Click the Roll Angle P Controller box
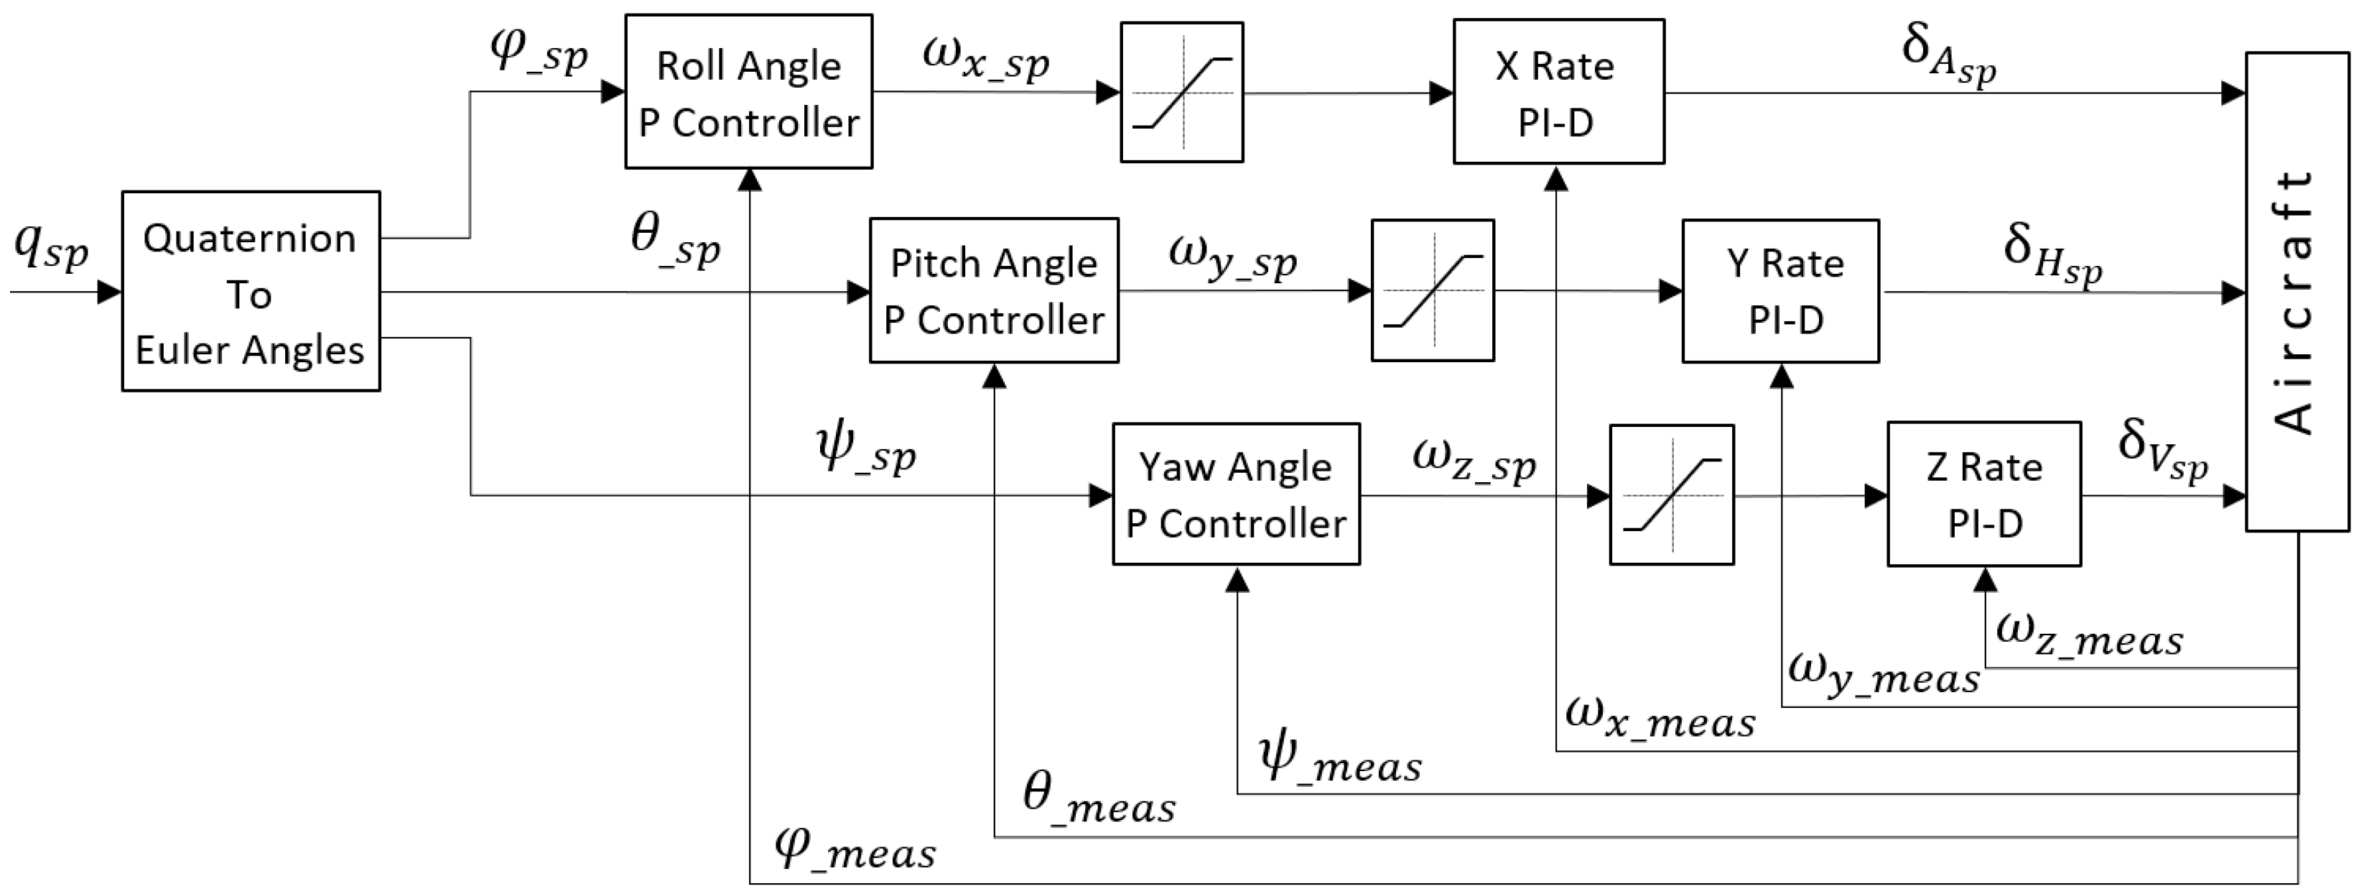point(748,91)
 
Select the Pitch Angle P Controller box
point(994,290)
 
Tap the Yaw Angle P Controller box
point(1235,494)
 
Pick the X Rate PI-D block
point(1558,91)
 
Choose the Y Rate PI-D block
point(1779,291)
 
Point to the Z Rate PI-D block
point(1983,494)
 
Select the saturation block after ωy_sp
point(1432,291)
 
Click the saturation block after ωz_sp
point(1671,494)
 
